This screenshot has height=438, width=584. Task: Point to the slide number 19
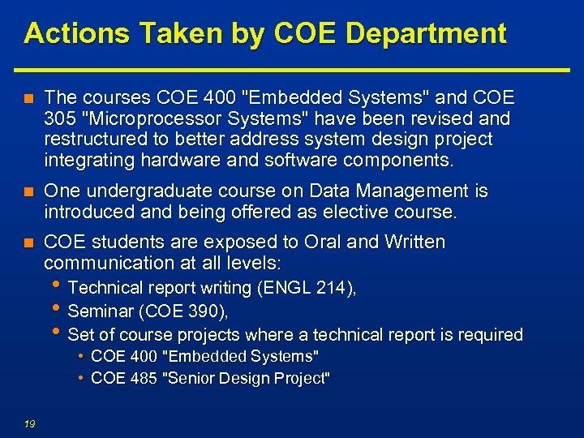tap(29, 423)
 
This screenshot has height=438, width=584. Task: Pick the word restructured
tap(92, 139)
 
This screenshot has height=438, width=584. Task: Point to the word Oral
tap(324, 243)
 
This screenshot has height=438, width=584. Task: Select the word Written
tap(414, 243)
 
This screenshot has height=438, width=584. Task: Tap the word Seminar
tap(97, 311)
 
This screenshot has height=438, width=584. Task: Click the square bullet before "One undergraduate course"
tap(28, 192)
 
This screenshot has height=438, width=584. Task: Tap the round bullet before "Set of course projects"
tap(54, 333)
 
